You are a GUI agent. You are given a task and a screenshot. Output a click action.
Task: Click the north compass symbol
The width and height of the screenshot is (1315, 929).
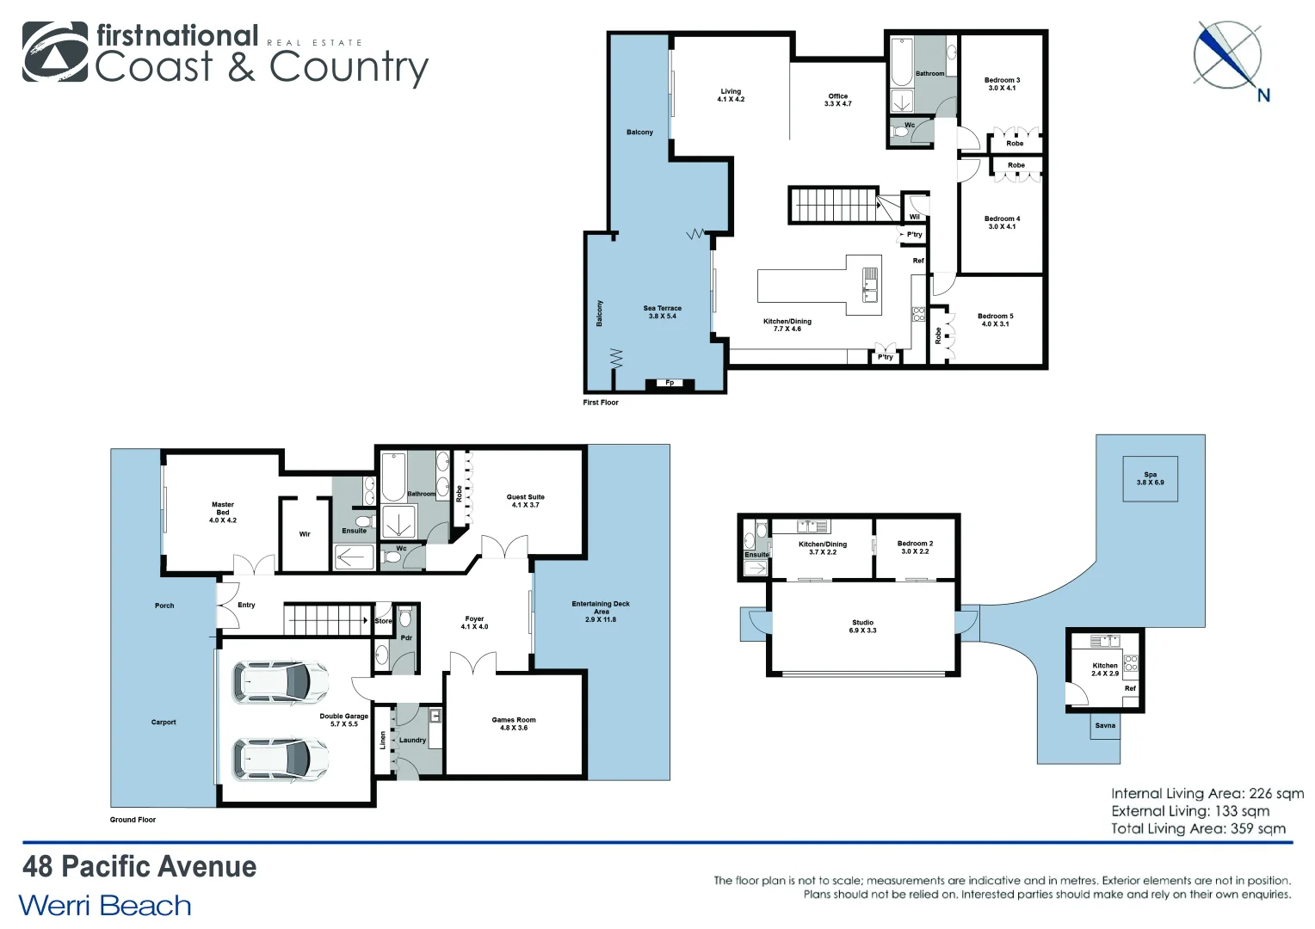click(x=1228, y=57)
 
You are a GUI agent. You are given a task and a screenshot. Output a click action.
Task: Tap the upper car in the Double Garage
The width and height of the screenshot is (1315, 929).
click(x=281, y=681)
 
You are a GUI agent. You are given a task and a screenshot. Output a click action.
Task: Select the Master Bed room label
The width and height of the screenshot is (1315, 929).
click(x=223, y=513)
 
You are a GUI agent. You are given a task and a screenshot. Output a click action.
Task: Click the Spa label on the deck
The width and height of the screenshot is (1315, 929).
click(x=1150, y=478)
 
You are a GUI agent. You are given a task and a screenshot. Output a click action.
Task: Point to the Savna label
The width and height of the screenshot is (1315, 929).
click(x=1105, y=725)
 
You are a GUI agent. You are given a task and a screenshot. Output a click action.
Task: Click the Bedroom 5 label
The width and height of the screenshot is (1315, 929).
click(x=996, y=320)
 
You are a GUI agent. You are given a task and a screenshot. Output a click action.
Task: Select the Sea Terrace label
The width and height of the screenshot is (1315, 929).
click(x=662, y=311)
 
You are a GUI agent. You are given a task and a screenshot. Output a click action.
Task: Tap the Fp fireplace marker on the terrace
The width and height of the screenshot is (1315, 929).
click(x=670, y=383)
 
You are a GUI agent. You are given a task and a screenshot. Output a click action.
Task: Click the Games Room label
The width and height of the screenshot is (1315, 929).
click(x=514, y=723)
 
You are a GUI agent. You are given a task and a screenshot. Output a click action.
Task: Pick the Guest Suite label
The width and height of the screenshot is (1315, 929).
click(x=525, y=501)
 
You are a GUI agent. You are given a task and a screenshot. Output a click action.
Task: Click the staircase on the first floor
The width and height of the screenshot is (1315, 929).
click(x=833, y=206)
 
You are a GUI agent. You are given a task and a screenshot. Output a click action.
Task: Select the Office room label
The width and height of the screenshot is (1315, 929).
click(x=837, y=100)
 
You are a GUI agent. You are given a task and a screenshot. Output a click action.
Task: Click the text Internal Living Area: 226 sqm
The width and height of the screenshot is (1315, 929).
click(x=1207, y=794)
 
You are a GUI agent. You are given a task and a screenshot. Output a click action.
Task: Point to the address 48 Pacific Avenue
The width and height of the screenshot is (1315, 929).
click(x=139, y=866)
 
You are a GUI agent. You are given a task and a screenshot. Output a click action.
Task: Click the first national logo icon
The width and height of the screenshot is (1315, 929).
click(x=55, y=52)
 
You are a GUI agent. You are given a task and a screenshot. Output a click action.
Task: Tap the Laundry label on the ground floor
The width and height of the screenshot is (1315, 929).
click(x=412, y=740)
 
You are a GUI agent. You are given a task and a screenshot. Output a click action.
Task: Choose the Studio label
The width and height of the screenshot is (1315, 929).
click(x=862, y=626)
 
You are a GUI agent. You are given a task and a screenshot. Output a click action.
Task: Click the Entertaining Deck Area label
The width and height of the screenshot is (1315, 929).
click(x=601, y=612)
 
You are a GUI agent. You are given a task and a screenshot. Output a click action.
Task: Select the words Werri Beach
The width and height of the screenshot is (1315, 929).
click(x=105, y=906)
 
